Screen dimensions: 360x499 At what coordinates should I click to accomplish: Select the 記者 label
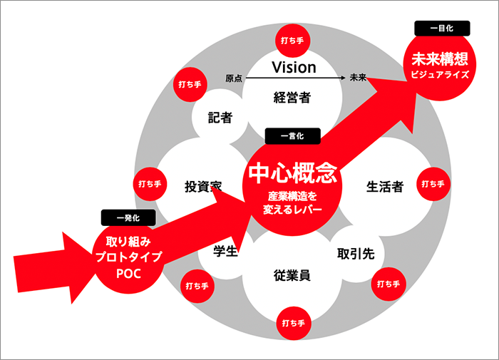[220, 118]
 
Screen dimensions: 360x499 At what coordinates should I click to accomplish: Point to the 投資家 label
[204, 187]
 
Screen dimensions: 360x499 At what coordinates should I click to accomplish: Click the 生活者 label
[385, 187]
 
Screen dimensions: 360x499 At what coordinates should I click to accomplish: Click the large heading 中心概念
[292, 173]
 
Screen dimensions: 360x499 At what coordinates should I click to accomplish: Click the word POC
[129, 272]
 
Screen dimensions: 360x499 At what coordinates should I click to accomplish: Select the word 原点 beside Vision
[234, 78]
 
